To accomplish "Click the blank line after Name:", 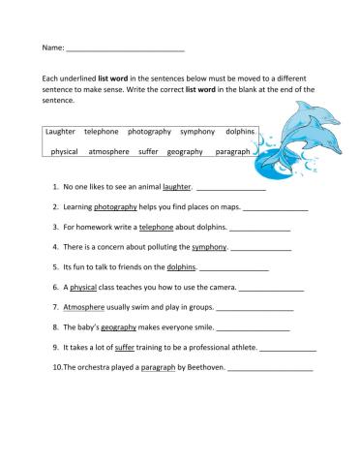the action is pos(125,48).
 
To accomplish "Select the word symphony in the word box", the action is pos(197,131).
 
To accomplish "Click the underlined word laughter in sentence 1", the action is pos(177,186).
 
